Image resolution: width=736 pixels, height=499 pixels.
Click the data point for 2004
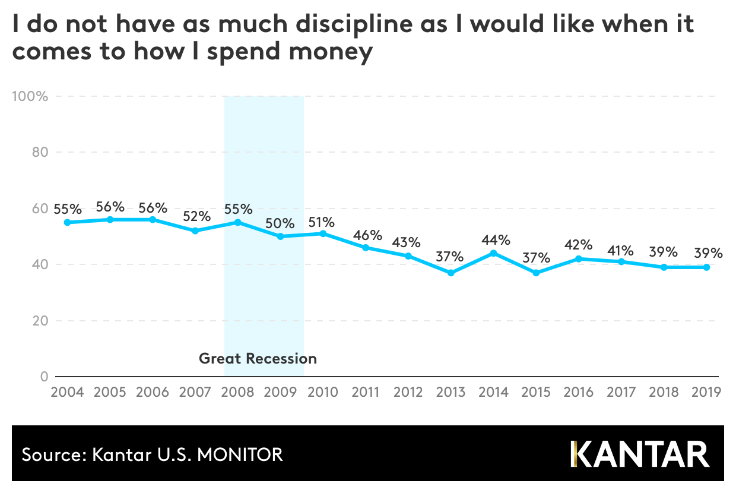click(x=67, y=222)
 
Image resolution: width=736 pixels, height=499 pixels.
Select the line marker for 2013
click(x=451, y=273)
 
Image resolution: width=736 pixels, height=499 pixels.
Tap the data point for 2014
click(x=493, y=253)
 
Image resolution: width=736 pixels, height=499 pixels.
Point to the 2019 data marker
click(x=706, y=267)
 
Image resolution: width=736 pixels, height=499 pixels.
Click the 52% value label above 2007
click(x=195, y=216)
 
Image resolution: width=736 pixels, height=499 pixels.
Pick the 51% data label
click(x=322, y=222)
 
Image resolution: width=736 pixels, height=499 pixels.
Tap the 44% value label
click(x=496, y=240)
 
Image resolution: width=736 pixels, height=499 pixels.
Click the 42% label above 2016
click(x=578, y=245)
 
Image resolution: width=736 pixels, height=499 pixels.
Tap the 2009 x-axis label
click(x=280, y=392)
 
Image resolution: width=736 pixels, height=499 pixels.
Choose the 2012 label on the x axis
click(x=408, y=392)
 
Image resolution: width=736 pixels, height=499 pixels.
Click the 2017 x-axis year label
click(x=621, y=392)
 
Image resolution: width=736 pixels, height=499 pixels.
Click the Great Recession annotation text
click(x=258, y=358)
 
